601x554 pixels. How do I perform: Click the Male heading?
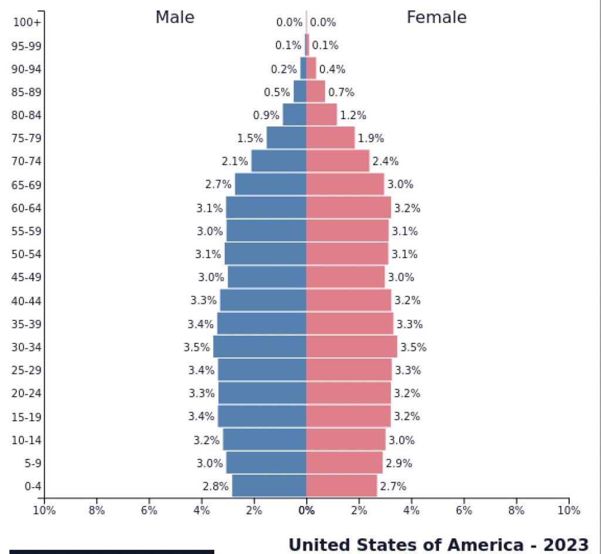coord(174,18)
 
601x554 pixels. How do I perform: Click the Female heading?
coord(436,18)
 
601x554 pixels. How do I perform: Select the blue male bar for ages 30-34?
coord(259,347)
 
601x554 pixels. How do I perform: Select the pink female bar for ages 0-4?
coord(342,486)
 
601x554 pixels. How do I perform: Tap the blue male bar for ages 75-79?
coord(286,138)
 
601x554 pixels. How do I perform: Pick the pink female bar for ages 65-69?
coord(345,184)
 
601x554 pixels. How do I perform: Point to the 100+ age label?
coord(27,22)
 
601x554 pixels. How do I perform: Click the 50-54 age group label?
coord(26,254)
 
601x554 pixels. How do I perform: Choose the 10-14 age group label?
coord(26,440)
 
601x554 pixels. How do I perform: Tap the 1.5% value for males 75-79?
coord(250,138)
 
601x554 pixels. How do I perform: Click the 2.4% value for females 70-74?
coord(386,161)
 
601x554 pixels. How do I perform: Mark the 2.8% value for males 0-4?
coord(215,487)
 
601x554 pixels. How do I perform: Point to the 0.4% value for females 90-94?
coord(332,69)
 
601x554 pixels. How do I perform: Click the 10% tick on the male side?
coord(44,511)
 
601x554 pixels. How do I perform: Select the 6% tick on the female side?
coord(464,511)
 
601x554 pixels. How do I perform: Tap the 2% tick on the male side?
coord(254,511)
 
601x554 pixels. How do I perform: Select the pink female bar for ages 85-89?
coord(316,92)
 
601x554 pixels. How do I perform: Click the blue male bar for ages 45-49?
coord(267,277)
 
